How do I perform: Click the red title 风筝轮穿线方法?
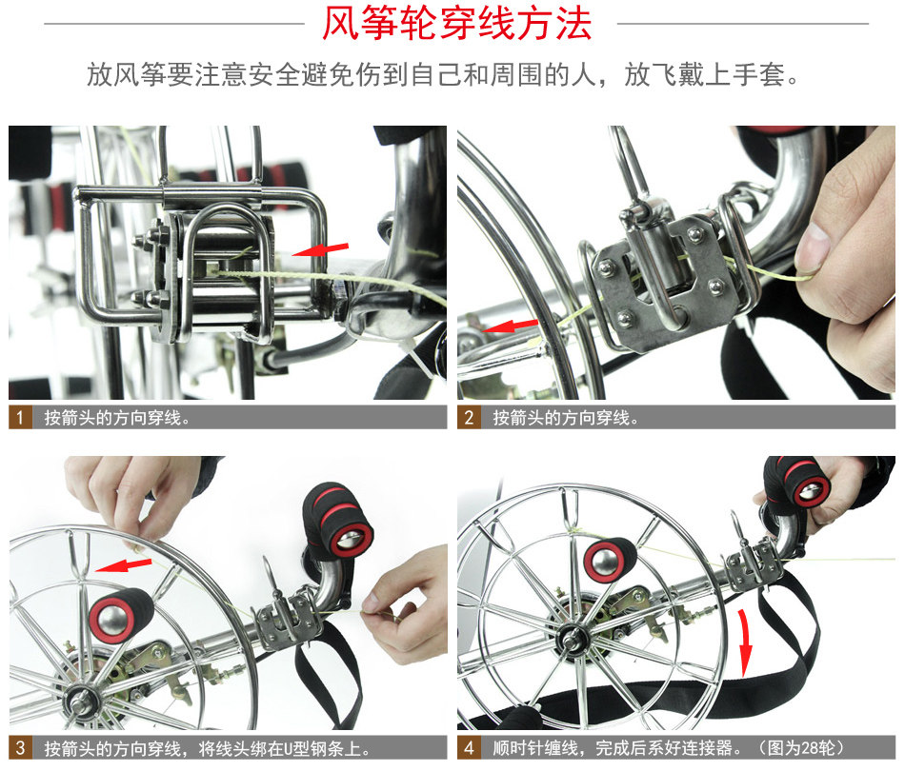click(x=456, y=24)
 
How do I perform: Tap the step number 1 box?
click(x=20, y=417)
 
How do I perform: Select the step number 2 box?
click(x=469, y=417)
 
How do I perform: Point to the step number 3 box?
click(x=20, y=748)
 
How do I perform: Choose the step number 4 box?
click(x=469, y=748)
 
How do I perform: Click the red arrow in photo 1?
click(x=320, y=249)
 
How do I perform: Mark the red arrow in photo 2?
click(x=511, y=326)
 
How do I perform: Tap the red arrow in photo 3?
click(x=123, y=565)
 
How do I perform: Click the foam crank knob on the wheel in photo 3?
click(x=120, y=615)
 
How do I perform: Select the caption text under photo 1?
click(x=117, y=417)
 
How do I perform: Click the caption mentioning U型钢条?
click(x=208, y=748)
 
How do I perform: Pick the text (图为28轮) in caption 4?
click(x=801, y=748)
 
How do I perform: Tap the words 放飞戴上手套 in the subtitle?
click(x=706, y=74)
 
